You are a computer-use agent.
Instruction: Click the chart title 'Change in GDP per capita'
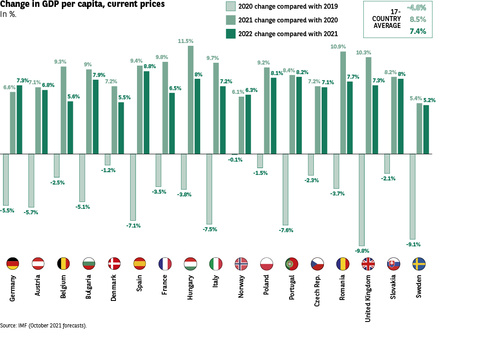pos(82,5)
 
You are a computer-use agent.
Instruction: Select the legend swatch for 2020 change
pos(230,6)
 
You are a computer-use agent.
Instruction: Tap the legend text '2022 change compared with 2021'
pos(288,33)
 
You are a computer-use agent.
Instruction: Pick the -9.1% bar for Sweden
pos(412,196)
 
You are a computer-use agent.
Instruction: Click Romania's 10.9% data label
pos(338,47)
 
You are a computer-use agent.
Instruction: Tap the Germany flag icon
pos(13,263)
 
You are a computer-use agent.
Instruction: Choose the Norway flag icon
pos(241,263)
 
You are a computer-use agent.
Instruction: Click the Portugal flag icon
pos(292,263)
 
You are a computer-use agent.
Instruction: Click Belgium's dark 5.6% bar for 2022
pos(71,127)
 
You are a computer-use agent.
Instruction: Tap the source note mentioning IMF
pos(44,326)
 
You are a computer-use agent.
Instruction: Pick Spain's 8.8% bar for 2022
pos(147,112)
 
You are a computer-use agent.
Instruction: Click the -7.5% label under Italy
pos(210,229)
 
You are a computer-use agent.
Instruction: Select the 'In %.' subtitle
pos(9,14)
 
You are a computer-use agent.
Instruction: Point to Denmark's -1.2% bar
pos(108,159)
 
